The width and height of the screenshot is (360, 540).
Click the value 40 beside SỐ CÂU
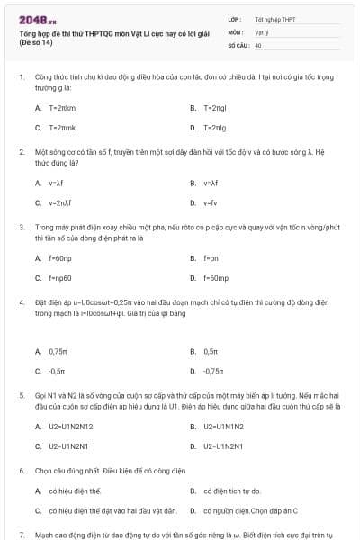(x=258, y=44)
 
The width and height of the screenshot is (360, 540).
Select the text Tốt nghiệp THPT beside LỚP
(x=274, y=18)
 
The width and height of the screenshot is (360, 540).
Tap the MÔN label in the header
(x=235, y=31)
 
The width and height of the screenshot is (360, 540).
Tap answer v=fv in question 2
(x=211, y=202)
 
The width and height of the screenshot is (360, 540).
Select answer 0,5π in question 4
(x=211, y=351)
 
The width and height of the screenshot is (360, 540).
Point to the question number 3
(x=22, y=229)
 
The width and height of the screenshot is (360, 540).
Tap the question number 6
(x=22, y=471)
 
